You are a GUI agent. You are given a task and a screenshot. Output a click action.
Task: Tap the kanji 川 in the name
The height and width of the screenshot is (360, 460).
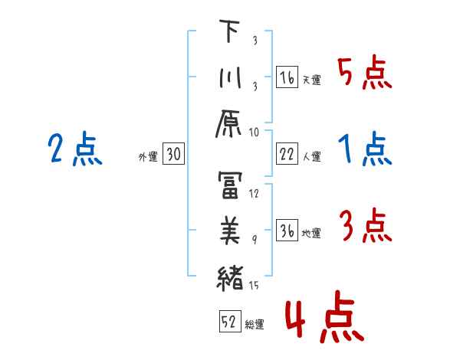[x=229, y=80]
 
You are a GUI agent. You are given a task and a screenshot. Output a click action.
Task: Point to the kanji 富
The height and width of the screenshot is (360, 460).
[x=229, y=185]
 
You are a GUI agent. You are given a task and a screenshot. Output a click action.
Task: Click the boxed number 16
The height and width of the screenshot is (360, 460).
[x=286, y=78]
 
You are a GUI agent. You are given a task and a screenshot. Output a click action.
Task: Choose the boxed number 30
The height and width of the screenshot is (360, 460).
[x=173, y=155]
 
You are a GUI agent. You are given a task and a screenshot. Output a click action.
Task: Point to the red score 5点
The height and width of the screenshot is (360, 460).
[x=365, y=74]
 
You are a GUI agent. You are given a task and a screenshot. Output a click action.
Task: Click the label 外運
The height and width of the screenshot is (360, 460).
[x=148, y=157]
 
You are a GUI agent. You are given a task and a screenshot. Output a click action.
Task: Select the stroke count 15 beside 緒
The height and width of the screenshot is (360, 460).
[x=254, y=286]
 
